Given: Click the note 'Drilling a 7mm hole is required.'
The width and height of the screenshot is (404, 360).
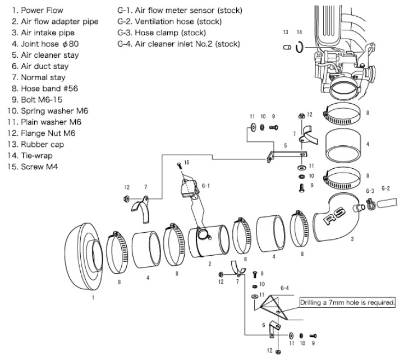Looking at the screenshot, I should click(348, 302).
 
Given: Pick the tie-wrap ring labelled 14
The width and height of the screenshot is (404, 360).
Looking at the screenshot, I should click(300, 48).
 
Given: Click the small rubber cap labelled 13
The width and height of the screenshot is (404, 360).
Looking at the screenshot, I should click(286, 48).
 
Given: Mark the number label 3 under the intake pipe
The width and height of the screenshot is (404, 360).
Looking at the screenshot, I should click(352, 239).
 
